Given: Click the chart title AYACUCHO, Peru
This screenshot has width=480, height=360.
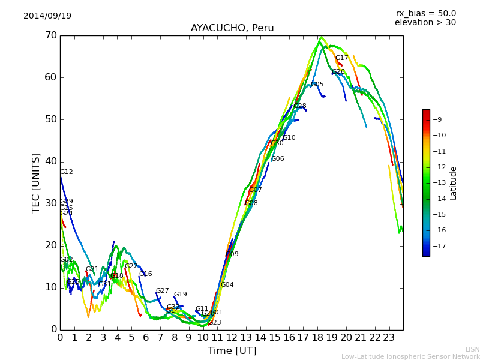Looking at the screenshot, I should [x=232, y=28].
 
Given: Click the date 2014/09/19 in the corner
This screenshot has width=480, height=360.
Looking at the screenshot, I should [x=47, y=16].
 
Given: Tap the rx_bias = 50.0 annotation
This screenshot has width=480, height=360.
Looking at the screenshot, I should [x=426, y=13].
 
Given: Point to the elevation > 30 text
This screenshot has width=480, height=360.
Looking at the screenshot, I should [x=425, y=23].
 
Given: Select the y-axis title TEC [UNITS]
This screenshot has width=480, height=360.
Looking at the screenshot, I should [x=36, y=182].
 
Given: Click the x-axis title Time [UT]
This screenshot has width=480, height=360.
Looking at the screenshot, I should [x=232, y=351].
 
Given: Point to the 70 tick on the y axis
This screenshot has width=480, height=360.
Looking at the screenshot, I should [x=50, y=35].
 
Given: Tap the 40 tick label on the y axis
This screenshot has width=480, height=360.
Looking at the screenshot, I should [x=50, y=161].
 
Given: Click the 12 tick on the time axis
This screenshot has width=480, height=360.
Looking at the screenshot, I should [x=232, y=337].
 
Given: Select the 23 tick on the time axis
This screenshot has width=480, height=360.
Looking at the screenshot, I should [x=389, y=337].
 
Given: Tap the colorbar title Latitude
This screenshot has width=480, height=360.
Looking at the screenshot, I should [x=454, y=183].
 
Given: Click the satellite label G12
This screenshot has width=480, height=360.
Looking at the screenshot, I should [x=67, y=172].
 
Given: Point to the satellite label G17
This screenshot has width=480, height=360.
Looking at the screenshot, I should [x=342, y=58].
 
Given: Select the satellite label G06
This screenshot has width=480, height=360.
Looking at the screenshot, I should [x=278, y=159].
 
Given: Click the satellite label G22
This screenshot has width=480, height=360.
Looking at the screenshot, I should [x=131, y=266].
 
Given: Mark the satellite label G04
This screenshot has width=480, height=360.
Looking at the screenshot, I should [x=227, y=285].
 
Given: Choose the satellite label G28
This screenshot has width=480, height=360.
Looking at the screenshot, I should [x=300, y=106].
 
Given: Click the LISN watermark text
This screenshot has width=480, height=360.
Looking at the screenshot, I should [x=473, y=349].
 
